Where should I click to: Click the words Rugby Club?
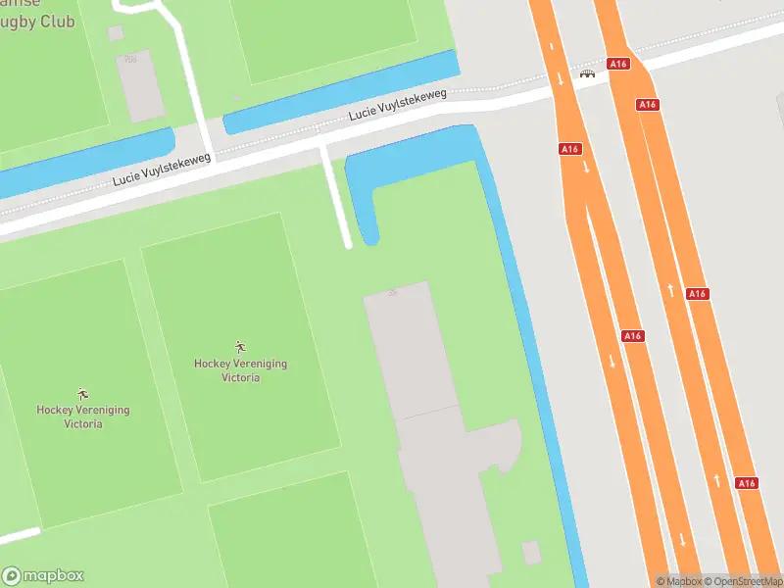[x=37, y=21]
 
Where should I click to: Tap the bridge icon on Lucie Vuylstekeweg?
[x=588, y=73]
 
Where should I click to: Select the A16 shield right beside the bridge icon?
[x=616, y=64]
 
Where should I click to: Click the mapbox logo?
[x=43, y=575]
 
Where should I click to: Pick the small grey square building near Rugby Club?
[x=116, y=33]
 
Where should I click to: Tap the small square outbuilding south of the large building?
[x=531, y=553]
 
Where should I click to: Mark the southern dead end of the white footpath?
[x=347, y=245]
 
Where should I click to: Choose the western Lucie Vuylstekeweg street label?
[x=162, y=170]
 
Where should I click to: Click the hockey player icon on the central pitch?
[x=240, y=346]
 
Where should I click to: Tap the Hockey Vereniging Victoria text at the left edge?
[x=83, y=416]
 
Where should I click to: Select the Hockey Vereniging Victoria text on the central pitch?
[x=240, y=369]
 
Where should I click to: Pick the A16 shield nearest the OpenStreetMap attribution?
[x=747, y=483]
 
